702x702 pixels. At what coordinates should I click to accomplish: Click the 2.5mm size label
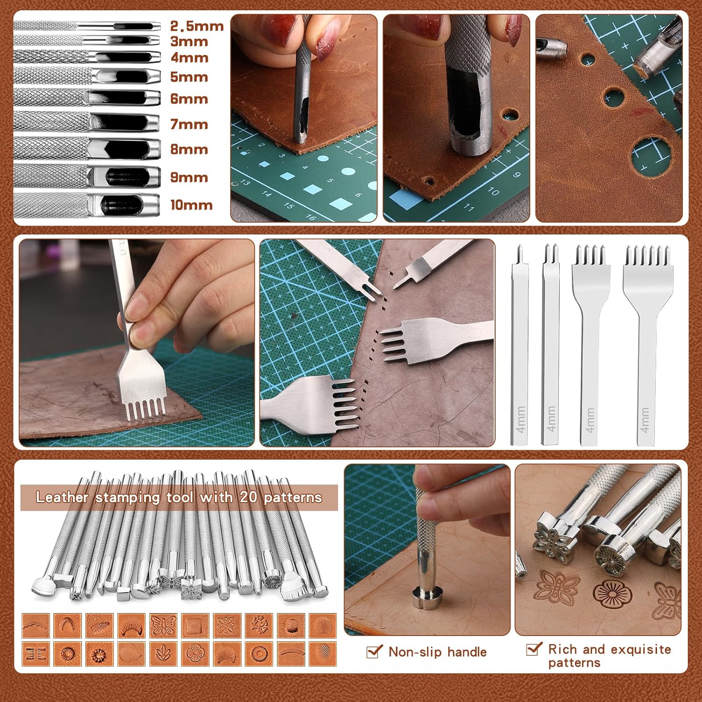(197, 26)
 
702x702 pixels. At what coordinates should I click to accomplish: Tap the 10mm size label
(191, 205)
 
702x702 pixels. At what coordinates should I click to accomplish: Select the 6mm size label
(189, 99)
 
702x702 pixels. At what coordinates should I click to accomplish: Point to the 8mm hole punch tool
(87, 149)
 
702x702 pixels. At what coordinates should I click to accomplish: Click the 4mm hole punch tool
(87, 58)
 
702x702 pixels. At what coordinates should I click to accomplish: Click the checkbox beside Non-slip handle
(374, 651)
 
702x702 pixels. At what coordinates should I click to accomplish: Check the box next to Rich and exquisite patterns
(534, 649)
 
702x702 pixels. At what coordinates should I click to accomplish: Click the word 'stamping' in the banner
(127, 498)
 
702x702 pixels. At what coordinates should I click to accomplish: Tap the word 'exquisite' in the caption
(641, 650)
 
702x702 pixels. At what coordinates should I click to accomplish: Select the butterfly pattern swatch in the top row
(163, 626)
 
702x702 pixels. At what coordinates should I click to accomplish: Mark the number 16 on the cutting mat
(311, 216)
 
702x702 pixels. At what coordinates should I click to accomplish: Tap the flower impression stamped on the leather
(610, 594)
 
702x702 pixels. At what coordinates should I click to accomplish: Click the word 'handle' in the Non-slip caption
(467, 652)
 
